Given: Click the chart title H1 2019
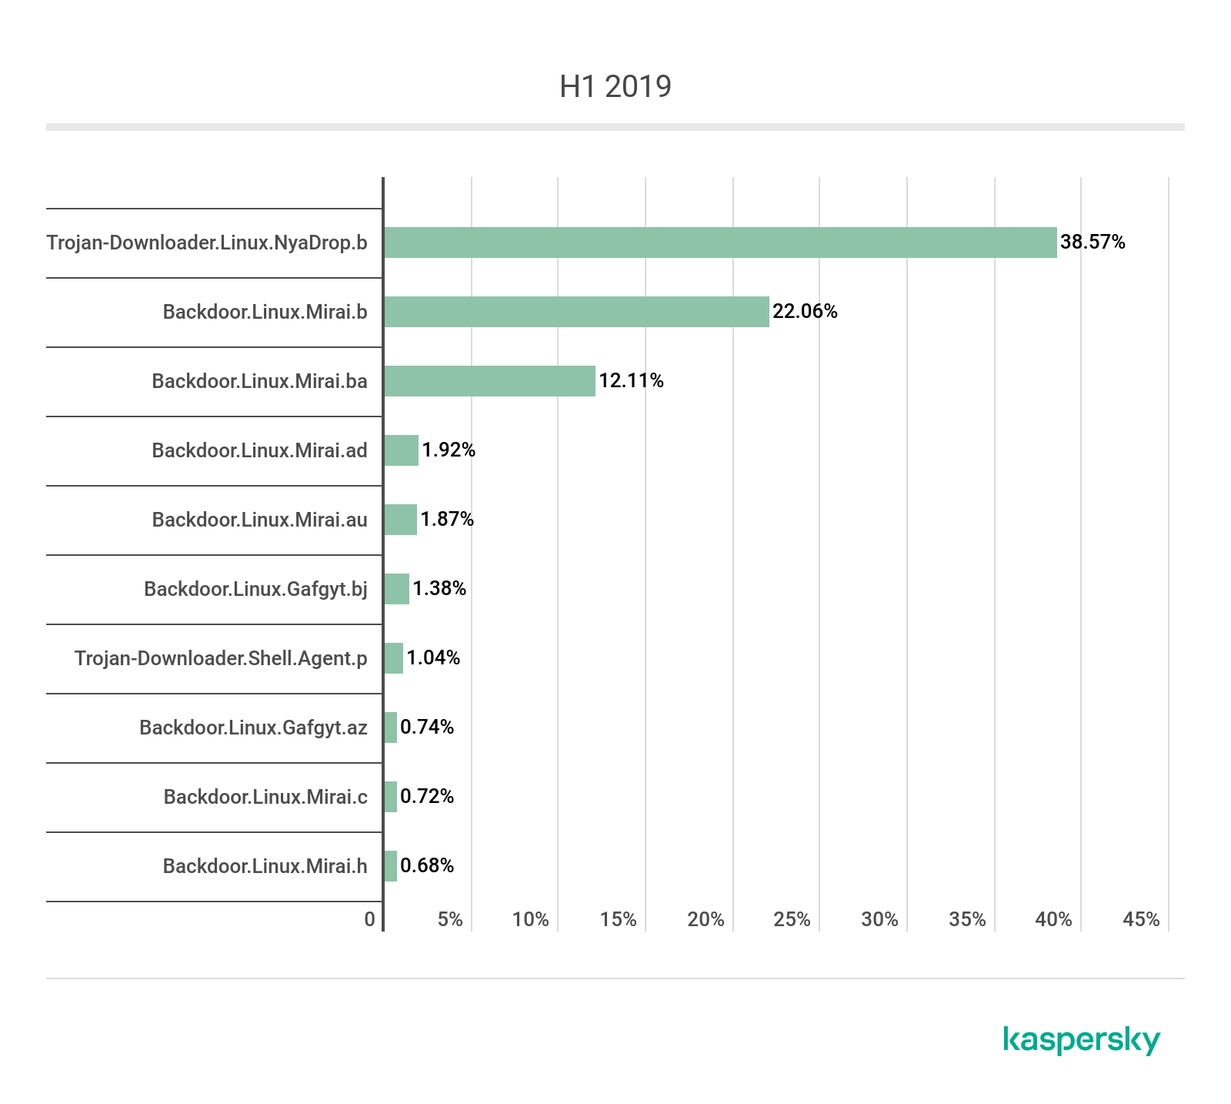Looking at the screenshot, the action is (615, 86).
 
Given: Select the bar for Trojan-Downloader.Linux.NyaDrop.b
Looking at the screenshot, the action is (720, 243).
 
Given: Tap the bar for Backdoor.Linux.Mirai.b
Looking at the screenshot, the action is (576, 312).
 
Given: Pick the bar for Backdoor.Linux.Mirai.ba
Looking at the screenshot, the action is (489, 381).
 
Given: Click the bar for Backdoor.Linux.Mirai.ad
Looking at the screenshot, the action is (401, 450).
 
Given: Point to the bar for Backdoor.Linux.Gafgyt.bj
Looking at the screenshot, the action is (396, 589).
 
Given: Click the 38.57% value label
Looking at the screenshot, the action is (1093, 243).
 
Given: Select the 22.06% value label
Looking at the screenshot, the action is (805, 312).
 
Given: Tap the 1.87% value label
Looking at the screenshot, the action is (447, 520).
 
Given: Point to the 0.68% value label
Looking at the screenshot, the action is (427, 866).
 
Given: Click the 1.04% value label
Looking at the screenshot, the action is (433, 658).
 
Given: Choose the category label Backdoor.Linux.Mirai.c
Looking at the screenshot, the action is (265, 797).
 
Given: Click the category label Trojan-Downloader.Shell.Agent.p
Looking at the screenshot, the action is (221, 659).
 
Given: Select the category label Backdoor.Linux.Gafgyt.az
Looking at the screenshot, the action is (253, 728).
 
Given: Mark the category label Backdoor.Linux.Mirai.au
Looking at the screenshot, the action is (259, 520).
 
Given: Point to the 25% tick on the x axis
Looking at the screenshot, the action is (792, 919).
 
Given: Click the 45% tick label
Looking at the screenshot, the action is (1142, 919).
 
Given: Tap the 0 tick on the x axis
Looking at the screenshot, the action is (370, 919).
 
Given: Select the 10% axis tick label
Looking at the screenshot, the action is (531, 919).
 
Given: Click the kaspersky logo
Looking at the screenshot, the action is (1082, 1040).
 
